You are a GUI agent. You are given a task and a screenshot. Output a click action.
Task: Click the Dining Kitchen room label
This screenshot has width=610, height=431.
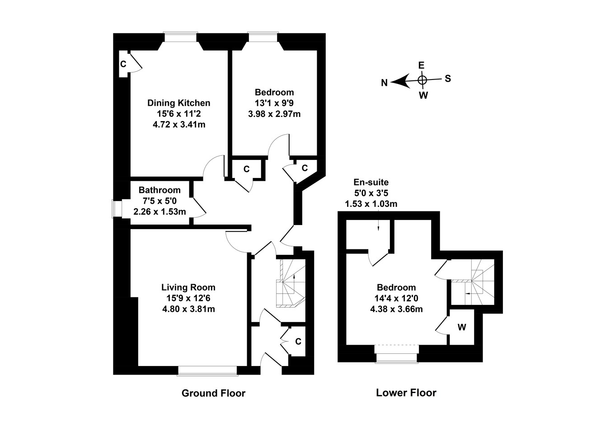coord(178,103)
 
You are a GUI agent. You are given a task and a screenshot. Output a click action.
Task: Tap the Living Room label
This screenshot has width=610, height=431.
coord(188,287)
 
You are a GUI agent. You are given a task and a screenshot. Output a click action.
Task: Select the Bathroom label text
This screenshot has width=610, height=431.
coord(160,190)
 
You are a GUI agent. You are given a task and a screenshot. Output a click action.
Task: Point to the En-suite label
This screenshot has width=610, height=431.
coord(371,183)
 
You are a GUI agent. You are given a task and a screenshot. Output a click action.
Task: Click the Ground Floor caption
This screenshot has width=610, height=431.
coord(213,393)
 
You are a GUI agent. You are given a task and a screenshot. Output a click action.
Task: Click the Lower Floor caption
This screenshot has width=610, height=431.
coord(406,393)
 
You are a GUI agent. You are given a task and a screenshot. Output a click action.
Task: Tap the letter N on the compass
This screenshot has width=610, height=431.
coord(385,83)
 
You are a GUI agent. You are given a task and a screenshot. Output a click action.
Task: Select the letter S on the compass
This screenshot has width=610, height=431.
coord(448,79)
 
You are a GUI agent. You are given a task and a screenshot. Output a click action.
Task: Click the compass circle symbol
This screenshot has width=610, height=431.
coord(422,80)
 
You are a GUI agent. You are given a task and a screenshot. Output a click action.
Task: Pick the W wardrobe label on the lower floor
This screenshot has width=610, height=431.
coord(462,328)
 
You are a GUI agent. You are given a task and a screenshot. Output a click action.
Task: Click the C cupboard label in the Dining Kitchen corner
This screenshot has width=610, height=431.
coord(123,64)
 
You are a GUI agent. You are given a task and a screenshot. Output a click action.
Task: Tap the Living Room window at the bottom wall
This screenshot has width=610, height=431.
coord(207,370)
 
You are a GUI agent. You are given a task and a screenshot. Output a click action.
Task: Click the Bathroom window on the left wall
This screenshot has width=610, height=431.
coord(117,209)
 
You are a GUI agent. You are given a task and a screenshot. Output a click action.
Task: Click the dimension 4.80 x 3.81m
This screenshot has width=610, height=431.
coord(188,309)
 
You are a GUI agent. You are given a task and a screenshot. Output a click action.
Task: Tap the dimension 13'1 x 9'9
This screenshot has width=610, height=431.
coord(274,103)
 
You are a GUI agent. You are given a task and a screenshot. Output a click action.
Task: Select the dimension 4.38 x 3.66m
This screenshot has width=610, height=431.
coord(396,309)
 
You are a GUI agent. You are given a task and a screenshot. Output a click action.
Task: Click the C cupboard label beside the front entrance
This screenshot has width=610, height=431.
coord(298,342)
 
